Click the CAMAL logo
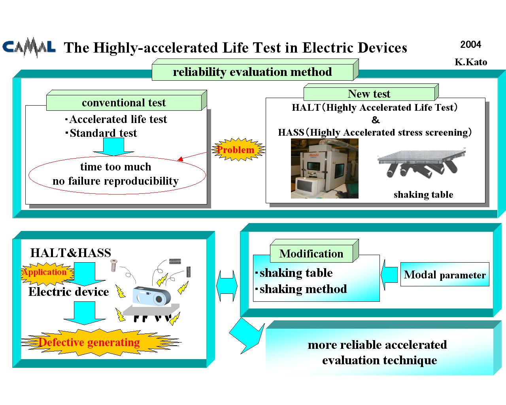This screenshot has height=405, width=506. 29,47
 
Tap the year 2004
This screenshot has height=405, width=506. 470,44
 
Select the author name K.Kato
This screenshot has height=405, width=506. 471,62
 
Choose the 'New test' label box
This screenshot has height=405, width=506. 371,92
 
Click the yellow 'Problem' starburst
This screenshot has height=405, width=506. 238,150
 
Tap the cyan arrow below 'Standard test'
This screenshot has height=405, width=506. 113,147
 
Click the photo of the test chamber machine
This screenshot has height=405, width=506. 325,168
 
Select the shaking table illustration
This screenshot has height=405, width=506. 421,164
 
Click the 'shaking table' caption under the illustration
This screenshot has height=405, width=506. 423,195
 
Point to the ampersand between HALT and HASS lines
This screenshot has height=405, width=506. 376,120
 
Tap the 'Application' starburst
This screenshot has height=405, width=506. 47,273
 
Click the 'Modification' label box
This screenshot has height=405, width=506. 314,251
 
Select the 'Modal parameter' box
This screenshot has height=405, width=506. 445,274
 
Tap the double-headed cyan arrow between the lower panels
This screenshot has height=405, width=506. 227,286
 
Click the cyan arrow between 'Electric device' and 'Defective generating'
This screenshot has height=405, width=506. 85,313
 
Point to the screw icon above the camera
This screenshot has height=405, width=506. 114,265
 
